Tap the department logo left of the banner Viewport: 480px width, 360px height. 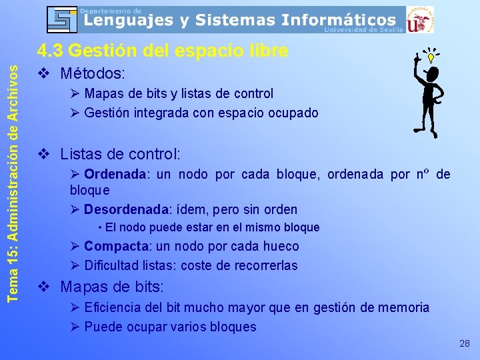coord(62,19)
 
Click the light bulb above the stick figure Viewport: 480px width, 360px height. coord(431,57)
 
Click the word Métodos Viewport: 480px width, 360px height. coord(93,72)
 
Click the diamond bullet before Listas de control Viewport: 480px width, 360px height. coord(43,155)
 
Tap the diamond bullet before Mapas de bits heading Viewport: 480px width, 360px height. coord(43,288)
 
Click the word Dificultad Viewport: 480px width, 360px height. coord(112,265)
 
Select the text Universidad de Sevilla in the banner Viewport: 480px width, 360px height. coord(363,30)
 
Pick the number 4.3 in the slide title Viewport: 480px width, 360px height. coord(50,51)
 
